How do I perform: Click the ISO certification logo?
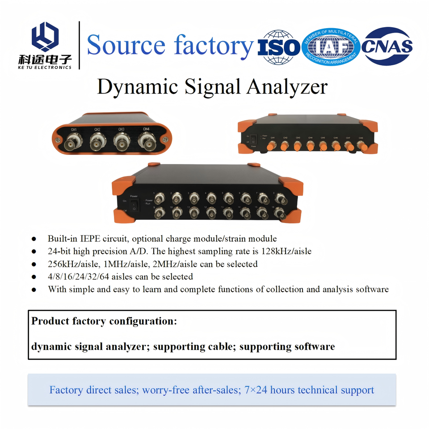(279, 47)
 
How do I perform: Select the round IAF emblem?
(331, 47)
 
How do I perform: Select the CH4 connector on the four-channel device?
(146, 144)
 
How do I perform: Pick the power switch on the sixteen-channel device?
(134, 205)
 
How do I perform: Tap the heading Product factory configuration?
(104, 321)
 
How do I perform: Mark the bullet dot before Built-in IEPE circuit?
(34, 239)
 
